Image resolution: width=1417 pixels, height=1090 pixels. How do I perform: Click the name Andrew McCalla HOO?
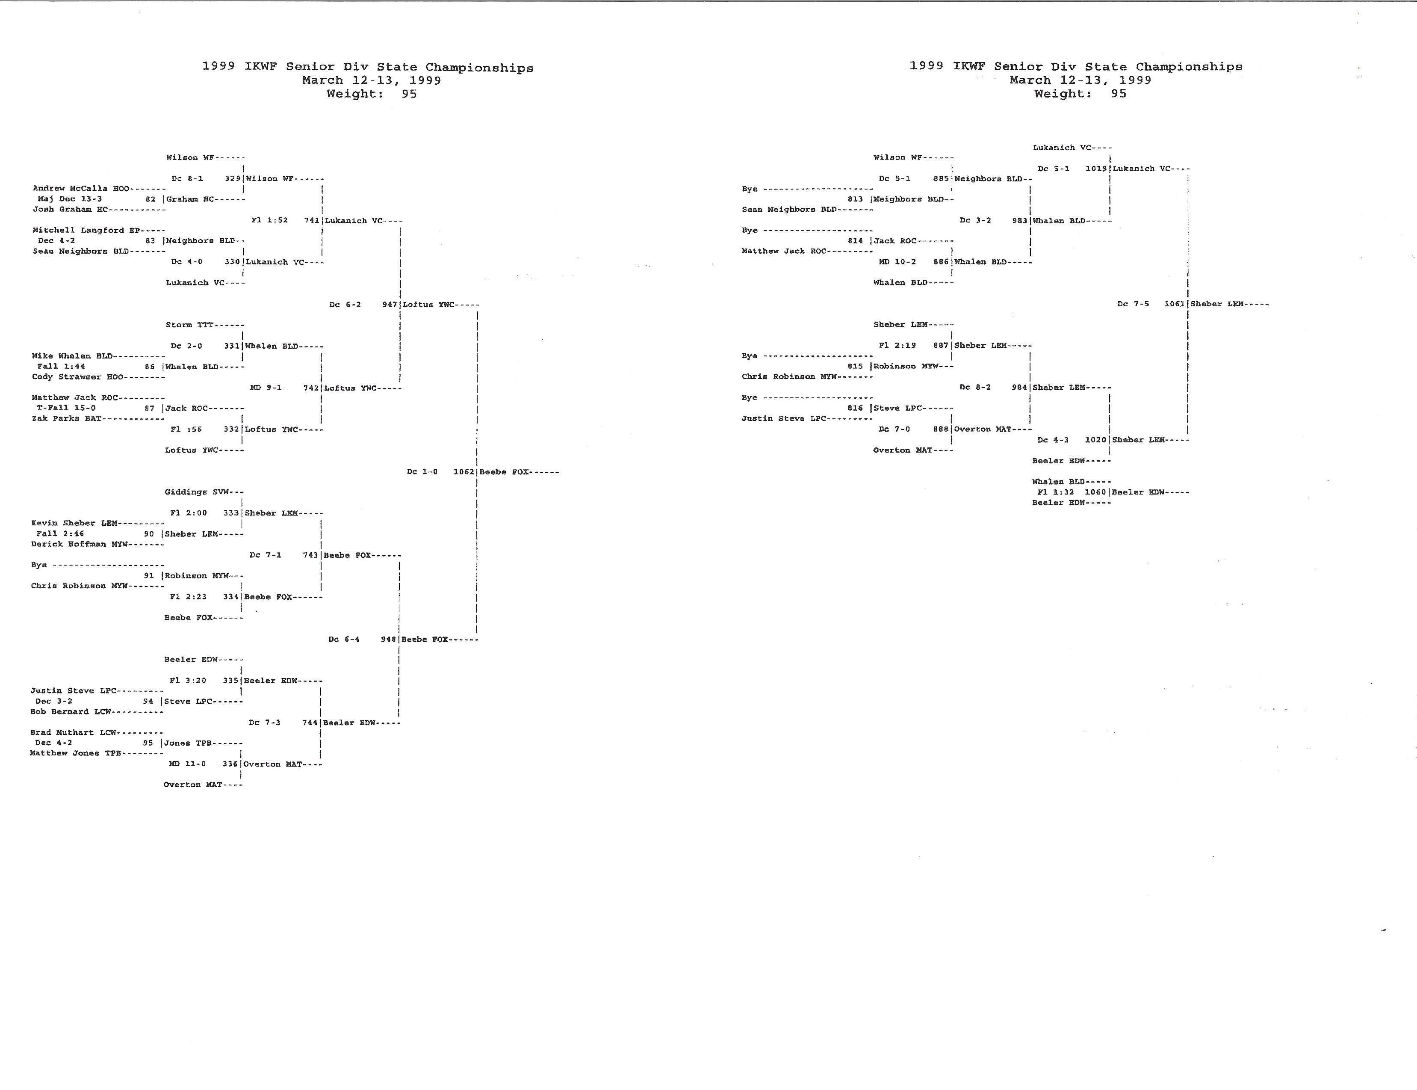point(82,188)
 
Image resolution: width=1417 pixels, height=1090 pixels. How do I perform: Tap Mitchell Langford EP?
point(86,230)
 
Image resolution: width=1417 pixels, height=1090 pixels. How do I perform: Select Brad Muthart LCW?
point(73,732)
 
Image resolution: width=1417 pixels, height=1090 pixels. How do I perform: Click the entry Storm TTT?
point(189,324)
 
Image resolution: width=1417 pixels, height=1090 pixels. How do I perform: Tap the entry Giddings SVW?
point(194,492)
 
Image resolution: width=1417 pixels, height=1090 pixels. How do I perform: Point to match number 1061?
point(1175,304)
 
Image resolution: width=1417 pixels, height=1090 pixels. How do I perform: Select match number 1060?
point(1095,492)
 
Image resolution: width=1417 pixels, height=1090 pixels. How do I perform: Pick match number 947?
point(389,304)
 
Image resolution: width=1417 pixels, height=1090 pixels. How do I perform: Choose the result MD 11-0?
point(187,764)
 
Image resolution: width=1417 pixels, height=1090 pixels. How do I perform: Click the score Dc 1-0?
point(422,472)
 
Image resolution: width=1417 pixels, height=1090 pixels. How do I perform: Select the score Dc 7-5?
point(1133,304)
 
